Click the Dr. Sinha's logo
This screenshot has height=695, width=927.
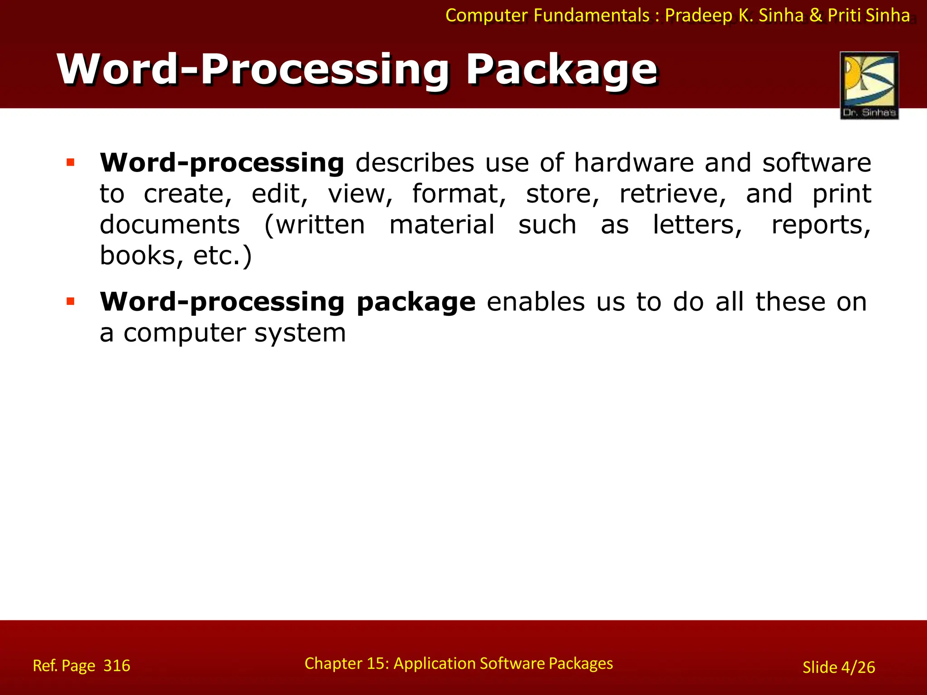(869, 85)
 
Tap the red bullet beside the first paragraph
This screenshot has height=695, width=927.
(70, 162)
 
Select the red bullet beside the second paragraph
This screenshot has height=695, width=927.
(70, 301)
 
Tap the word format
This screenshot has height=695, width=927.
(459, 194)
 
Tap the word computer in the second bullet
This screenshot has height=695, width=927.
(183, 334)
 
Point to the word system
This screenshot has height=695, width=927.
(300, 334)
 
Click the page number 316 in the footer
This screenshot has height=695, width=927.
(117, 666)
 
